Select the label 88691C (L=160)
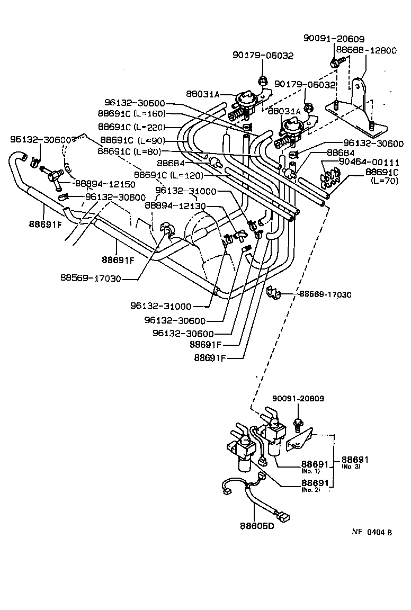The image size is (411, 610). point(131,113)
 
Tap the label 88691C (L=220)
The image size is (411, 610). point(131,127)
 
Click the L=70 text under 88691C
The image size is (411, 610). point(383,182)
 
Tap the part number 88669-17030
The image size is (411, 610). point(325,294)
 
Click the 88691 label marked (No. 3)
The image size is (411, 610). point(355,461)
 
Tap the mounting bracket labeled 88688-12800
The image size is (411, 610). point(356,109)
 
